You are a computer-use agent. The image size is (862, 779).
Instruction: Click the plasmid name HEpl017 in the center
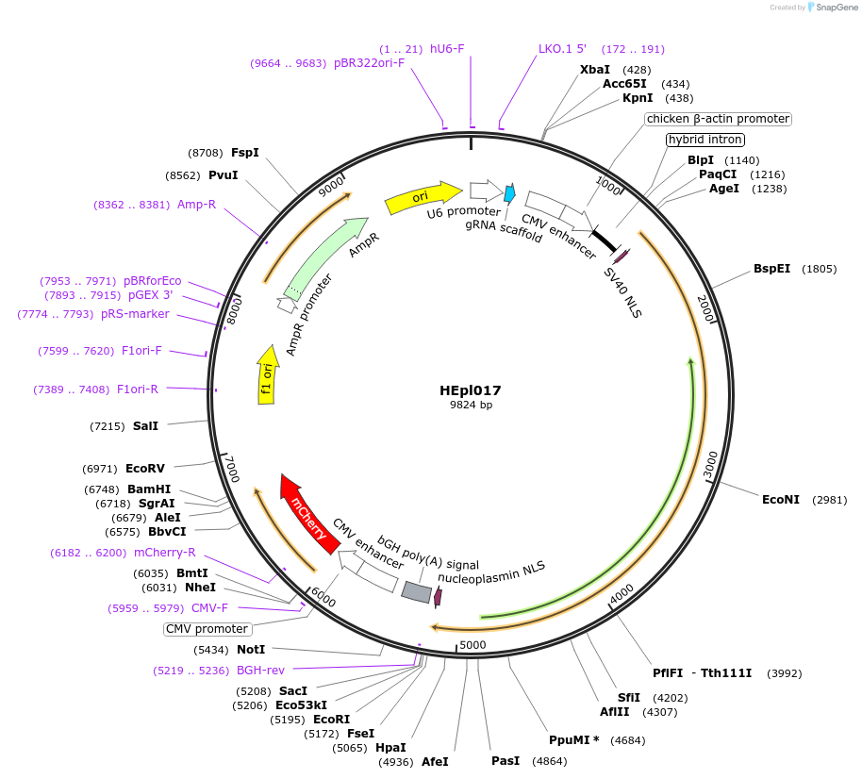pyautogui.click(x=470, y=389)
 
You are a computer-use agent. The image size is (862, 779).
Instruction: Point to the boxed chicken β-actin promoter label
pyautogui.click(x=718, y=119)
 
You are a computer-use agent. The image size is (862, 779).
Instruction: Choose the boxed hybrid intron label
pyautogui.click(x=705, y=140)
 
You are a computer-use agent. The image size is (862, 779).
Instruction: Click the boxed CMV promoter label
pyautogui.click(x=207, y=629)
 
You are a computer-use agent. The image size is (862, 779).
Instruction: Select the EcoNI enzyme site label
pyautogui.click(x=781, y=499)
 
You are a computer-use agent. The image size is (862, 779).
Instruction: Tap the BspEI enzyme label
pyautogui.click(x=771, y=269)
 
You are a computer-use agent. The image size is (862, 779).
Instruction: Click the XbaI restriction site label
pyautogui.click(x=595, y=70)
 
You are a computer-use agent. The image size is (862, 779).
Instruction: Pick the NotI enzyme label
pyautogui.click(x=251, y=650)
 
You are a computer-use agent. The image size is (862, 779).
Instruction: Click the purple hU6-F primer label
pyautogui.click(x=447, y=48)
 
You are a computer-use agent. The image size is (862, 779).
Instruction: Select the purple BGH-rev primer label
pyautogui.click(x=260, y=671)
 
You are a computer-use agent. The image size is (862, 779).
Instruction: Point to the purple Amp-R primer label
pyautogui.click(x=196, y=204)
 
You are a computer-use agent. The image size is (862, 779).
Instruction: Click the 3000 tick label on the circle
pyautogui.click(x=711, y=465)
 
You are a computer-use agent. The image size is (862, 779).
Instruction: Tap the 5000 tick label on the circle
pyautogui.click(x=472, y=645)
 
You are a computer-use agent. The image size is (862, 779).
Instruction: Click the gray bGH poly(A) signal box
pyautogui.click(x=417, y=591)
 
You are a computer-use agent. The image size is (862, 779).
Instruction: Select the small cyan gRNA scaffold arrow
pyautogui.click(x=509, y=193)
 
